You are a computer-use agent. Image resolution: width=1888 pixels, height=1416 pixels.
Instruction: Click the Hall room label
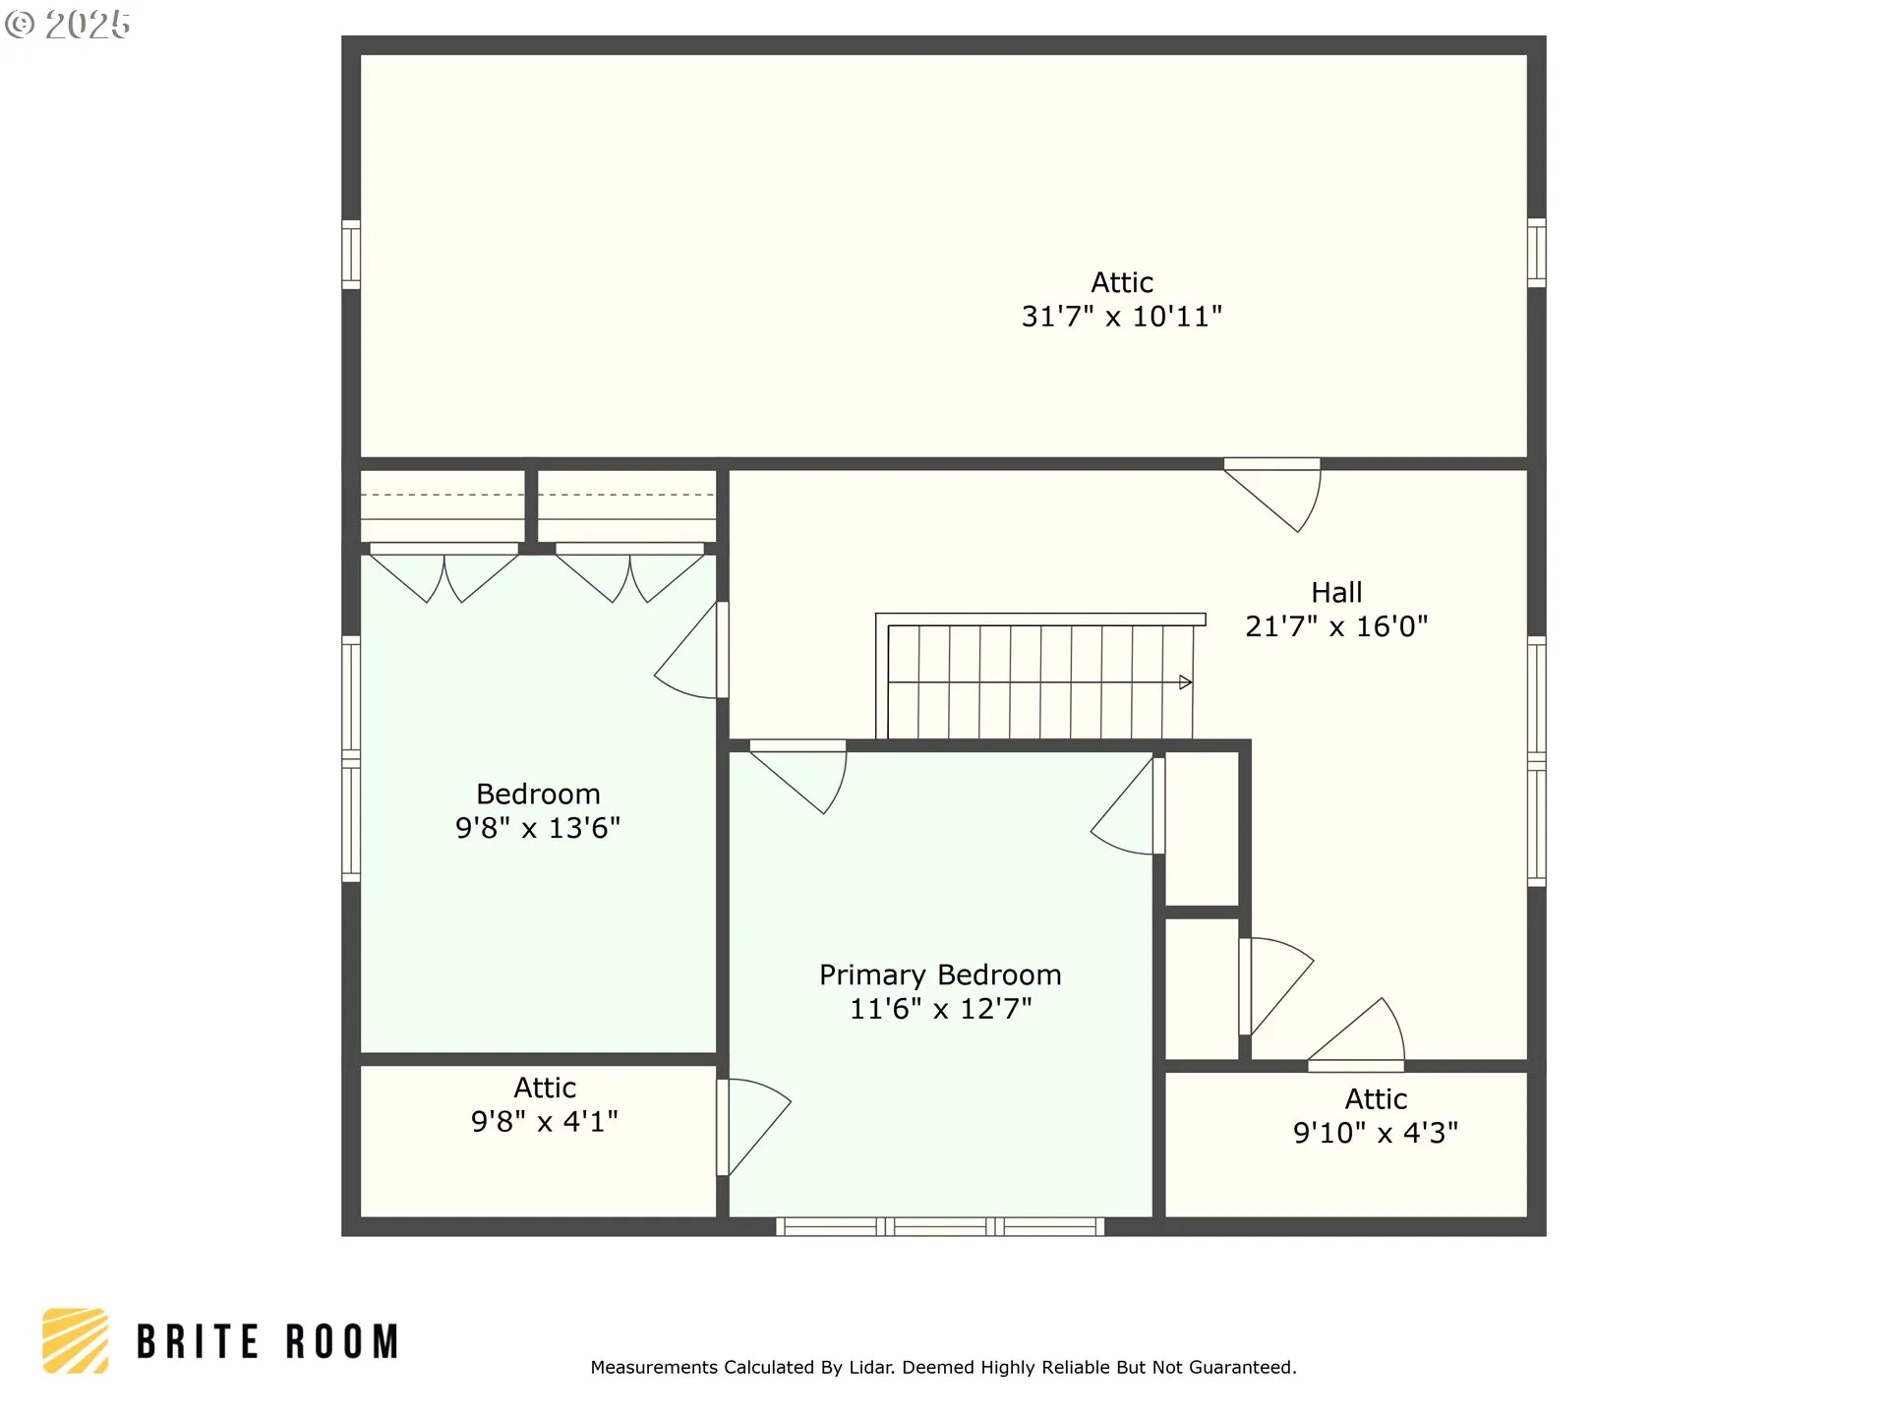pyautogui.click(x=1336, y=592)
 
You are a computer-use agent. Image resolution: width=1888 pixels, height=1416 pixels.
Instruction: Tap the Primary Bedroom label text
pyautogui.click(x=940, y=975)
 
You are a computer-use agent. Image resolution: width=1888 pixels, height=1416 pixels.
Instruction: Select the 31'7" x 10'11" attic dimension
pyautogui.click(x=1122, y=317)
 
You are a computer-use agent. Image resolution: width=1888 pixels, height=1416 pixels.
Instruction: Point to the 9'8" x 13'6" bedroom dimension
pyautogui.click(x=538, y=828)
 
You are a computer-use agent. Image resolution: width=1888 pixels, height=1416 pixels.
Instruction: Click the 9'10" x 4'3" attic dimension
pyautogui.click(x=1376, y=1133)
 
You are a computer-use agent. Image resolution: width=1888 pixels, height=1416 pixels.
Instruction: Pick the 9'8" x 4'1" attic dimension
pyautogui.click(x=545, y=1122)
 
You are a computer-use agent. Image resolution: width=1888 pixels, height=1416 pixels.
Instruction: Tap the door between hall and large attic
pyautogui.click(x=1272, y=495)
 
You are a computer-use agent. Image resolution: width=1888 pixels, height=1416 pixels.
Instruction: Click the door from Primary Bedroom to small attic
pyautogui.click(x=753, y=1127)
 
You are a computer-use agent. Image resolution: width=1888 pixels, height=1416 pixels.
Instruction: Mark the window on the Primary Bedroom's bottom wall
pyautogui.click(x=940, y=1226)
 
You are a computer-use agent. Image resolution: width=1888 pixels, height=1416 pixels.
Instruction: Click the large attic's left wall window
pyautogui.click(x=351, y=254)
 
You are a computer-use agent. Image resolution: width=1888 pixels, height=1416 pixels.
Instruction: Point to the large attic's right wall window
pyautogui.click(x=1537, y=253)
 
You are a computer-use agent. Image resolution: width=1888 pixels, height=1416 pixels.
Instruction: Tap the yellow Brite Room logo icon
pyautogui.click(x=75, y=1340)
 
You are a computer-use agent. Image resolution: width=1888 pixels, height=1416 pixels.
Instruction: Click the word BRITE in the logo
pyautogui.click(x=198, y=1342)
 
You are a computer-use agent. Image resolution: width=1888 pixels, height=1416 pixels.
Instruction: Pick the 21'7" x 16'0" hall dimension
pyautogui.click(x=1336, y=626)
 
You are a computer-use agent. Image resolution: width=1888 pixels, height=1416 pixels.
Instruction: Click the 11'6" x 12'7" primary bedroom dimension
pyautogui.click(x=940, y=1009)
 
